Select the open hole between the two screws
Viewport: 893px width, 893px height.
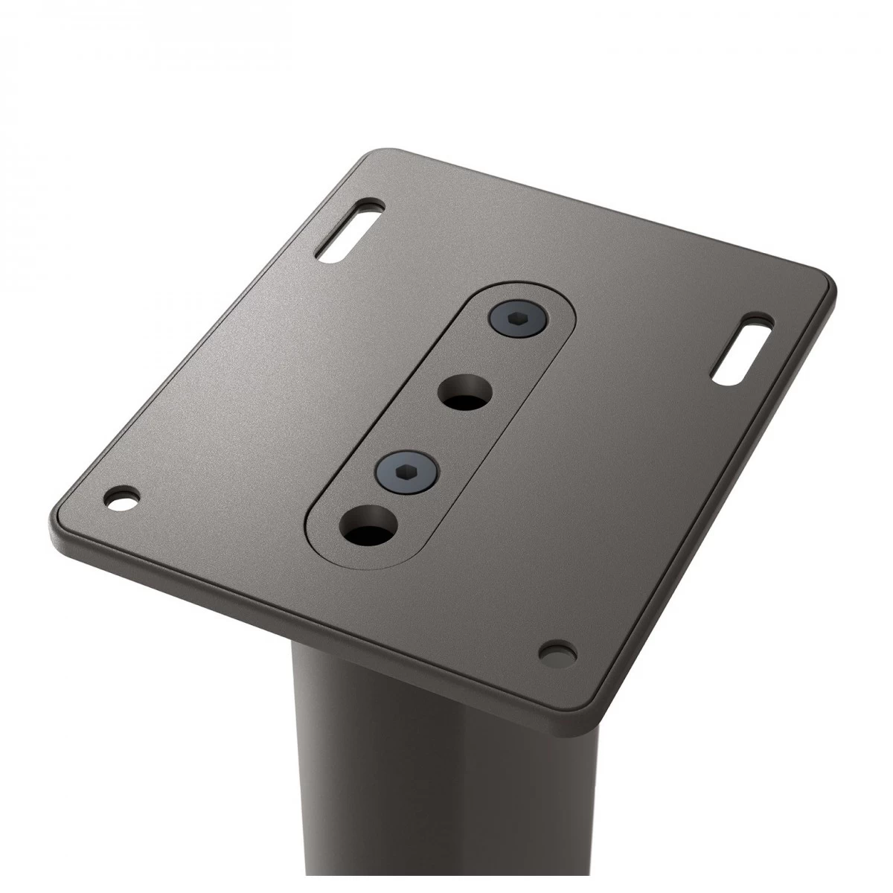[x=465, y=391]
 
